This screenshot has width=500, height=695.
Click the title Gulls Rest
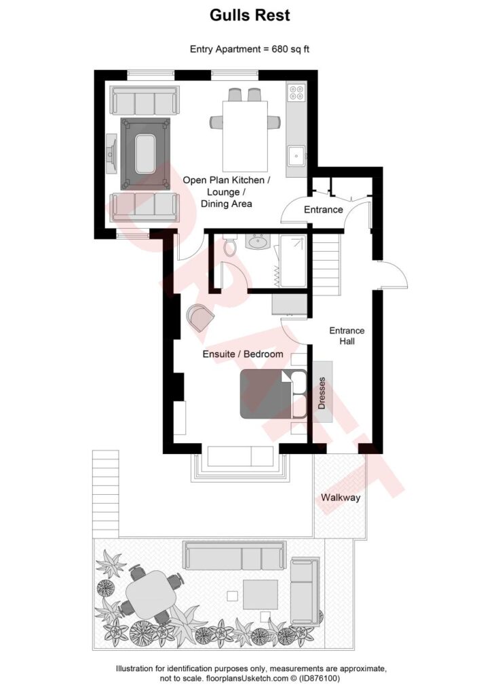coord(250,15)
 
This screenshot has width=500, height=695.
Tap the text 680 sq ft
coord(286,49)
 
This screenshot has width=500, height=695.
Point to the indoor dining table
coord(244,136)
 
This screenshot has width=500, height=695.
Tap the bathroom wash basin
coord(258,242)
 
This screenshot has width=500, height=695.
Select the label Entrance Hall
coord(347,336)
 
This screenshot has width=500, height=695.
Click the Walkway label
coord(341,497)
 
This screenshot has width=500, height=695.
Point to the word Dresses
coord(322,394)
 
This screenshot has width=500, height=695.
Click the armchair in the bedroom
coord(200,317)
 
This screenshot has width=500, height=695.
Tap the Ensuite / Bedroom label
coord(243,354)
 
